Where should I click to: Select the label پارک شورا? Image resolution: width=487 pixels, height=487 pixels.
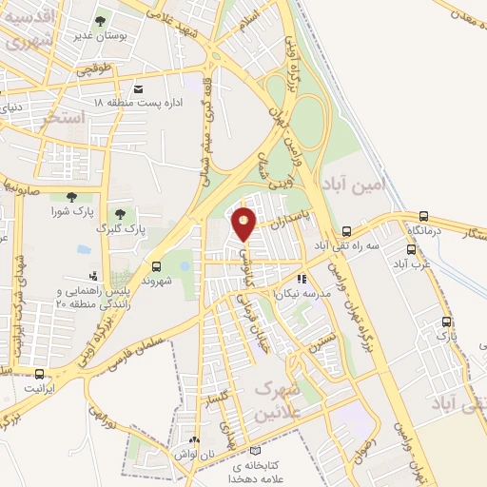tap(70, 210)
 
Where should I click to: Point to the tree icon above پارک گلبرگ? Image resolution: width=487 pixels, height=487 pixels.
tap(120, 214)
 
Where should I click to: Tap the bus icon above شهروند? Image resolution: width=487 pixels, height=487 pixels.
tap(156, 268)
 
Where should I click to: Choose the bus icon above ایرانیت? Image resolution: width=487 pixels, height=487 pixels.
tap(39, 375)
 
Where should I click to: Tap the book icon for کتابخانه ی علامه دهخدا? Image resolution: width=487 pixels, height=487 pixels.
tap(253, 450)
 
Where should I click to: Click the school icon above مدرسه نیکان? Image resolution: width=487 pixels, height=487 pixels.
tap(302, 280)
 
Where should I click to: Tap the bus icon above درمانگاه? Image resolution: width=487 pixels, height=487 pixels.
tap(423, 216)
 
